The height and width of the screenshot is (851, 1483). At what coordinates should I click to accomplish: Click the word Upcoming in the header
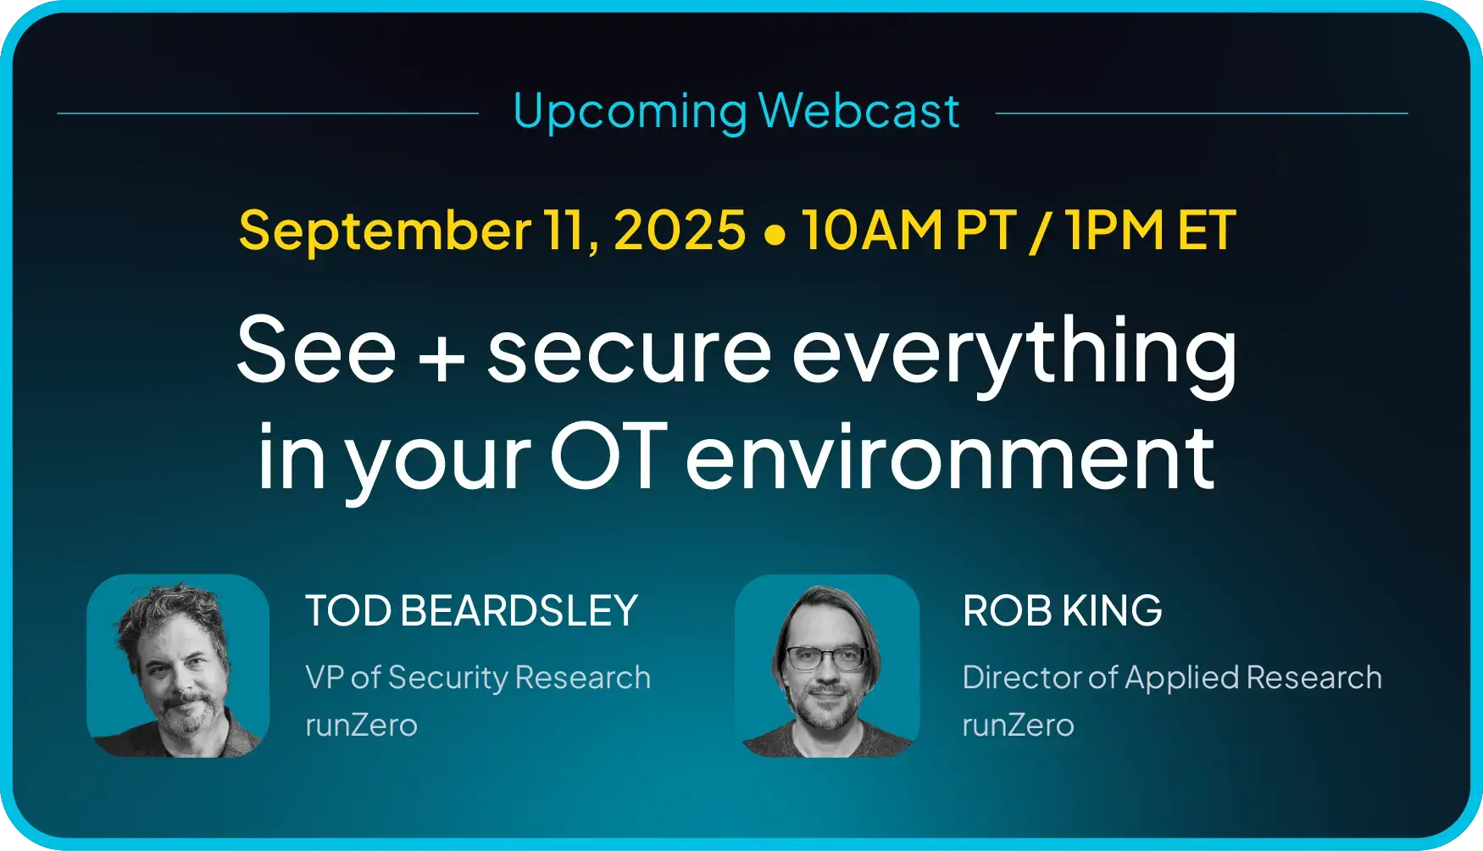(630, 113)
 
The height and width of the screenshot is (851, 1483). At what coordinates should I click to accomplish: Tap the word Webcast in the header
(858, 111)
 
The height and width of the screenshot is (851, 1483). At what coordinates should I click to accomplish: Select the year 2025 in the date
(679, 231)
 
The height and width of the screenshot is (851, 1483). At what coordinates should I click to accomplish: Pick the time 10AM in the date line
(872, 231)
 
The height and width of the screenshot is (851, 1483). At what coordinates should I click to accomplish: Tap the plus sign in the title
(442, 358)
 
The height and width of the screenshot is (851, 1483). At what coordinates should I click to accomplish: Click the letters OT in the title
(608, 458)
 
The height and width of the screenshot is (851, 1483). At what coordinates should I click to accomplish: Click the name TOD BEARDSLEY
(471, 611)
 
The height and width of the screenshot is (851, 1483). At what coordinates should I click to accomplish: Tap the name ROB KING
(1063, 611)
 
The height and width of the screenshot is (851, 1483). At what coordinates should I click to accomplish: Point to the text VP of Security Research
(478, 678)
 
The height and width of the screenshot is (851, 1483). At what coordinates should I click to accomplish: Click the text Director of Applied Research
(1172, 678)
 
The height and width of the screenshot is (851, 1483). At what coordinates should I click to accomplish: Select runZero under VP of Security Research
(362, 726)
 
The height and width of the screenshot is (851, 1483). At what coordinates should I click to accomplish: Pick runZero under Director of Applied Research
(1019, 726)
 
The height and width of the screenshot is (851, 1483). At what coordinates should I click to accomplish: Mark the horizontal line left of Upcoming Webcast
(268, 113)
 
